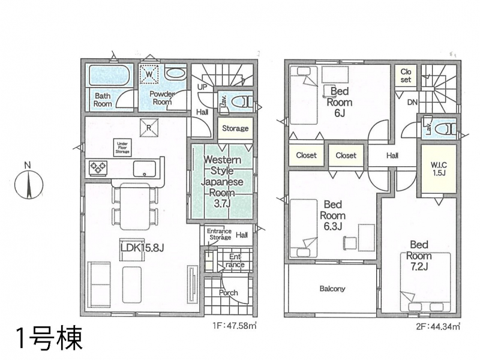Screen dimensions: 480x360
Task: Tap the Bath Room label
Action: pyautogui.click(x=103, y=100)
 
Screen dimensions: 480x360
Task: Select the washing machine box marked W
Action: pyautogui.click(x=149, y=74)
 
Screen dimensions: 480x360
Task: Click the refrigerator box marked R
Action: pyautogui.click(x=149, y=128)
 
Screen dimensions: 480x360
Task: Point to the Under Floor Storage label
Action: pyautogui.click(x=122, y=148)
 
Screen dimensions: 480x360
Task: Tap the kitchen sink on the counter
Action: pyautogui.click(x=145, y=169)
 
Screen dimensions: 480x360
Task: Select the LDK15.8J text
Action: pyautogui.click(x=142, y=248)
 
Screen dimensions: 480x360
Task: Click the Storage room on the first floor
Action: pyautogui.click(x=235, y=128)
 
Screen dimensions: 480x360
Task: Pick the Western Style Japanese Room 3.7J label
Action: pyautogui.click(x=222, y=182)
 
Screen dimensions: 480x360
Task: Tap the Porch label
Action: pyautogui.click(x=229, y=293)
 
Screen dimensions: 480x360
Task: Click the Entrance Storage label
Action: pyautogui.click(x=219, y=234)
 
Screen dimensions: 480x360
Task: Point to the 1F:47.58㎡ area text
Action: pyautogui.click(x=234, y=326)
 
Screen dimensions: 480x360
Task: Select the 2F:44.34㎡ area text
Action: pyautogui.click(x=438, y=326)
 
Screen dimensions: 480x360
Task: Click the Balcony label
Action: pyautogui.click(x=332, y=289)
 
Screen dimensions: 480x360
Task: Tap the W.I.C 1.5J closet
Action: pyautogui.click(x=439, y=169)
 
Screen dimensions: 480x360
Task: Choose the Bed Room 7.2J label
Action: pyautogui.click(x=419, y=256)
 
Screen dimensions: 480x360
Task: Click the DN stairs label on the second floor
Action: pyautogui.click(x=412, y=102)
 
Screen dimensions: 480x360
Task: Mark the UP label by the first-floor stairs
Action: pyautogui.click(x=202, y=87)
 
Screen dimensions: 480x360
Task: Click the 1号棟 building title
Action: pyautogui.click(x=50, y=338)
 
